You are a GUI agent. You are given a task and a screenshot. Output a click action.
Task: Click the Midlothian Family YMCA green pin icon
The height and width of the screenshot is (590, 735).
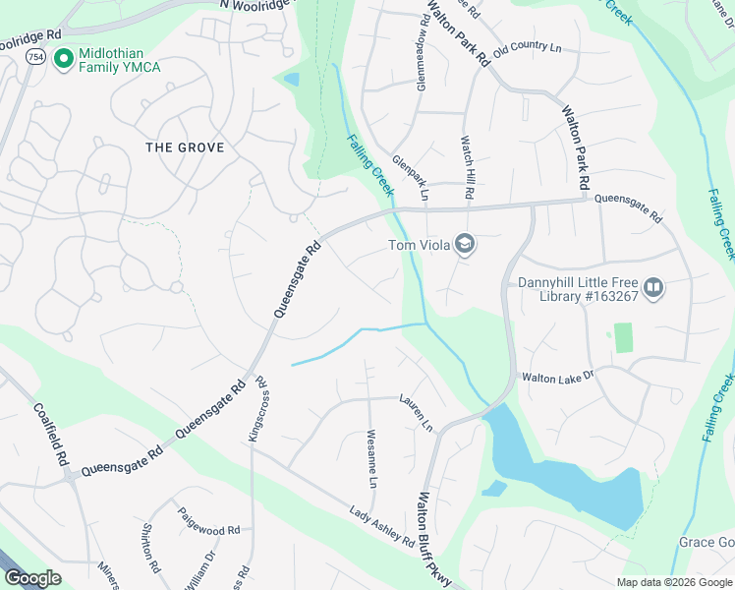tap(65, 60)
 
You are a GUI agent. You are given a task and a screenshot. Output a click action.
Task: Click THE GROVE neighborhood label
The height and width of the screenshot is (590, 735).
tap(185, 147)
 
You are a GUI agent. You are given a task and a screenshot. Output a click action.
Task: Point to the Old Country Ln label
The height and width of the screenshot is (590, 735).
tap(527, 48)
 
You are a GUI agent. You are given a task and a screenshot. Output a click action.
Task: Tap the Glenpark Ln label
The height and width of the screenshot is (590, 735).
tap(411, 177)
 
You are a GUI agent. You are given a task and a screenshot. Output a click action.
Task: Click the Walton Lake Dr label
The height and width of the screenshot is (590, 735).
tap(558, 376)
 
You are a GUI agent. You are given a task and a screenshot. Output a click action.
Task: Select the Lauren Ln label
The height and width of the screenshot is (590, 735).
tap(416, 413)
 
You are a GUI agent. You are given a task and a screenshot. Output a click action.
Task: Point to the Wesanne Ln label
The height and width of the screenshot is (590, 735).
tap(371, 458)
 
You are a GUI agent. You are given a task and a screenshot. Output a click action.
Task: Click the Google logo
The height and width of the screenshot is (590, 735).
tap(32, 578)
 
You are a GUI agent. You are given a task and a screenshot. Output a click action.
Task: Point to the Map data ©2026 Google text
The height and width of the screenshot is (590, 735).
tap(673, 582)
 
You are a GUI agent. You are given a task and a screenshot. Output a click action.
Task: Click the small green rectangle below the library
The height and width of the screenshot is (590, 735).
tap(622, 337)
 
